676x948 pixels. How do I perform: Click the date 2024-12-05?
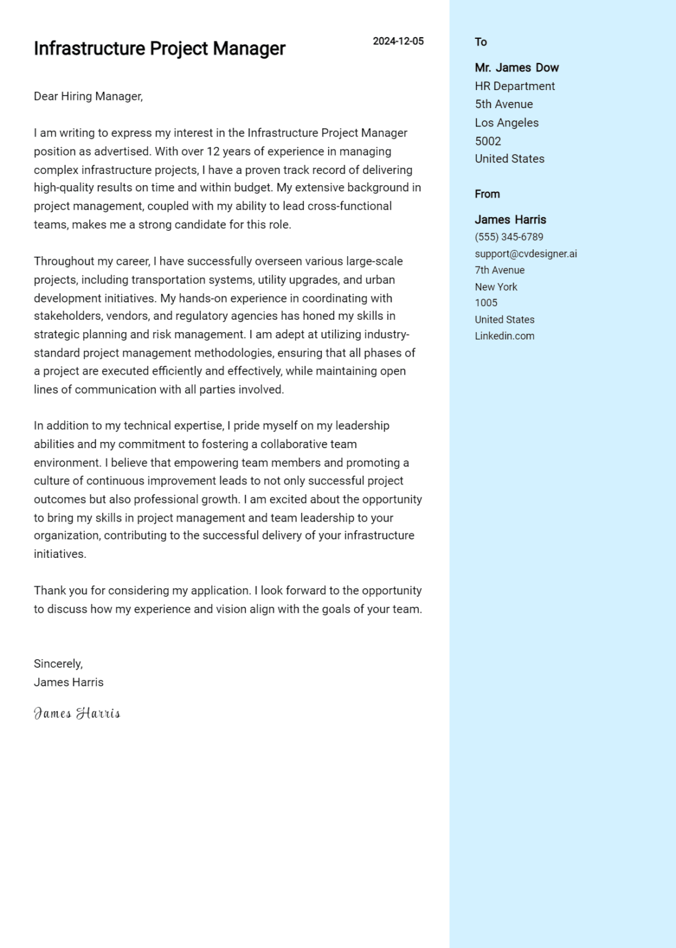coord(398,41)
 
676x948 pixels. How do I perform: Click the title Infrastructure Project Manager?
coord(159,49)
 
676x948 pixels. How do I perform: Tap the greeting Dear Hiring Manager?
coord(88,96)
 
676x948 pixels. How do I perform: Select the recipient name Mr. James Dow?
coord(517,68)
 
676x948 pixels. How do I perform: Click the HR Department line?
coord(514,86)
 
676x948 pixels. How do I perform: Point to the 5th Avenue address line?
coord(504,104)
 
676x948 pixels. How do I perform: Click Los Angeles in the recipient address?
coord(506,123)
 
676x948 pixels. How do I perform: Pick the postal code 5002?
coord(488,141)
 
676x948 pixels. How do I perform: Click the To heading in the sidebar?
coord(481,42)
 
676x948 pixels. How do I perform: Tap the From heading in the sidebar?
coord(487,194)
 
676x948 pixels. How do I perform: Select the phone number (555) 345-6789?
coord(509,237)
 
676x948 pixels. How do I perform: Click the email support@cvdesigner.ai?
coord(525,254)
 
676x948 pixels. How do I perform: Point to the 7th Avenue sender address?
coord(499,270)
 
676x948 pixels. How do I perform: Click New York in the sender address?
coord(496,287)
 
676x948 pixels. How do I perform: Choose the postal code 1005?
coord(486,303)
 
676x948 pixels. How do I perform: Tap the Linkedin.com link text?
coord(504,336)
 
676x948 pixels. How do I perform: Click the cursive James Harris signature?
coord(77,713)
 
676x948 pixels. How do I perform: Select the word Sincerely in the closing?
coord(57,664)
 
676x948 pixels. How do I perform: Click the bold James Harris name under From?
coord(510,220)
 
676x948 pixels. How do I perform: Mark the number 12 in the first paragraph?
coord(213,152)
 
